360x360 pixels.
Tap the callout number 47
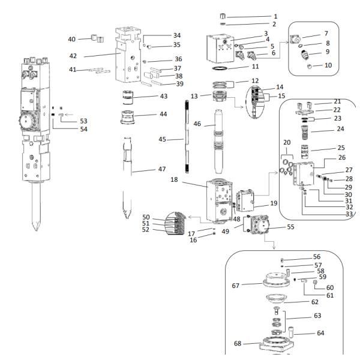point(163,170)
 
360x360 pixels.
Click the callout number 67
point(236,286)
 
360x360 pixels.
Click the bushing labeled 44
point(131,117)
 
